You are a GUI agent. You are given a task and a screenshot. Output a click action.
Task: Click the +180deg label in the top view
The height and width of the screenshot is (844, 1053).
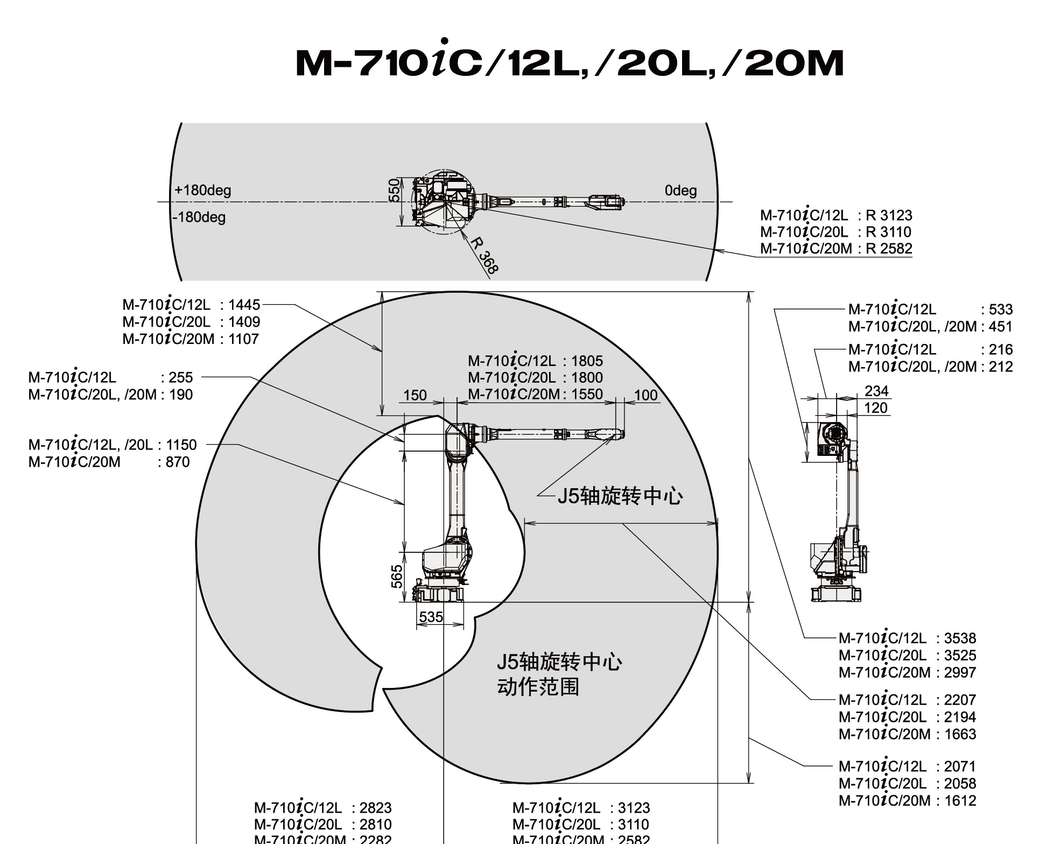(202, 191)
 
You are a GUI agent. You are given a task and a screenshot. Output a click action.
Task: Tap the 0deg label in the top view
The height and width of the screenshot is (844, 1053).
(680, 191)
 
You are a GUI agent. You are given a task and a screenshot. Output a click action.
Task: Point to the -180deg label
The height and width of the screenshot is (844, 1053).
(199, 217)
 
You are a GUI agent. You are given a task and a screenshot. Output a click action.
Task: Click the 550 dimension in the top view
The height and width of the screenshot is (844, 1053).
(395, 191)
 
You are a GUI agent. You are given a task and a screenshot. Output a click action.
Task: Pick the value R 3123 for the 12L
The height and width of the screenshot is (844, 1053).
(889, 216)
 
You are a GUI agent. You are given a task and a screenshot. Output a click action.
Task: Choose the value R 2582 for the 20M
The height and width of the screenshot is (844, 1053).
(889, 249)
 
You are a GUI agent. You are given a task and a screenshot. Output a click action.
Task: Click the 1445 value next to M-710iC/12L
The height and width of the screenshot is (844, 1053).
(244, 305)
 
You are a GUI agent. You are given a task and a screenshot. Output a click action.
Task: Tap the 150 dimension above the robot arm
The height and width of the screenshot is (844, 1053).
(415, 396)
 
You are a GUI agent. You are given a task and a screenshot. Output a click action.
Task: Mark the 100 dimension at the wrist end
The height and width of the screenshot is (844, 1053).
(645, 396)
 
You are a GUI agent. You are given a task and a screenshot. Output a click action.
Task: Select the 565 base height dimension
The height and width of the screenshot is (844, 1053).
(397, 576)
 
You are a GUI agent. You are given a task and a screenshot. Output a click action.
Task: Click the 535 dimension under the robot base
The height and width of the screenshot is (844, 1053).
(431, 617)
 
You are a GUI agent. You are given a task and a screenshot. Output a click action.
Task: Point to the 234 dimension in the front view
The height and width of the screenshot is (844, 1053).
(876, 391)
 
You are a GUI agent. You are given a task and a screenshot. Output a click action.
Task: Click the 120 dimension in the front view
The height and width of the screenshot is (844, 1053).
(875, 408)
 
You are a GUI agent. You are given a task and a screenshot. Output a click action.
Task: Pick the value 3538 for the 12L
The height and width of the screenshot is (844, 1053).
(960, 638)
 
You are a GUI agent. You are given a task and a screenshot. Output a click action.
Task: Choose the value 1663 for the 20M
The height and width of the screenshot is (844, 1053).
(960, 734)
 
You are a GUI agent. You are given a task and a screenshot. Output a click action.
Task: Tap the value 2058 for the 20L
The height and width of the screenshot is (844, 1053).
(960, 784)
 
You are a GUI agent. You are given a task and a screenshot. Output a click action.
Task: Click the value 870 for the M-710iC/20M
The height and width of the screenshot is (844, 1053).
(178, 462)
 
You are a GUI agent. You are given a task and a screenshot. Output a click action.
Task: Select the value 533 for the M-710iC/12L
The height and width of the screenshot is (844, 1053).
(1000, 310)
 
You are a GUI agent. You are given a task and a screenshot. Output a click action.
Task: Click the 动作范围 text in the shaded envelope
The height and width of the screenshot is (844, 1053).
(538, 687)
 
